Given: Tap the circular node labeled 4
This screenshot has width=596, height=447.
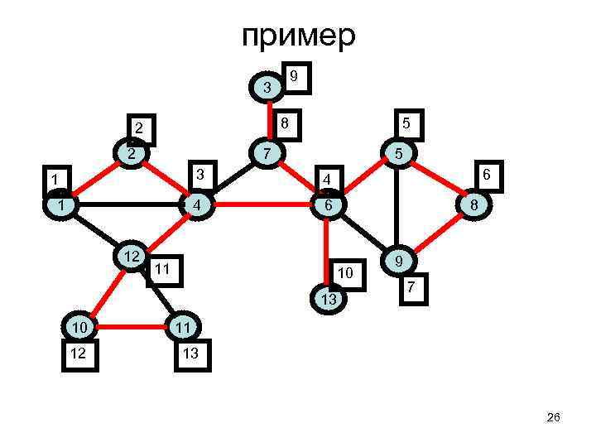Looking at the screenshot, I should pyautogui.click(x=196, y=204).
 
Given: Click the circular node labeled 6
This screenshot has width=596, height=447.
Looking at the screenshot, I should pyautogui.click(x=329, y=204).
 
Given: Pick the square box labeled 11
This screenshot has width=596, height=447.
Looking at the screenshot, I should pyautogui.click(x=162, y=270).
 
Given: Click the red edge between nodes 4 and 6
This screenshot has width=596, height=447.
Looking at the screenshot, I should pyautogui.click(x=262, y=204).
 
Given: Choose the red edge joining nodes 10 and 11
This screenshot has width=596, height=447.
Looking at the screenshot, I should pyautogui.click(x=132, y=329).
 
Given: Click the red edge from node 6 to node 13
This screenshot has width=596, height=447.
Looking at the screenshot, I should pyautogui.click(x=329, y=248).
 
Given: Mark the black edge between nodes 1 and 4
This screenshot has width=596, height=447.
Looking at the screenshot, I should pyautogui.click(x=129, y=204).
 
